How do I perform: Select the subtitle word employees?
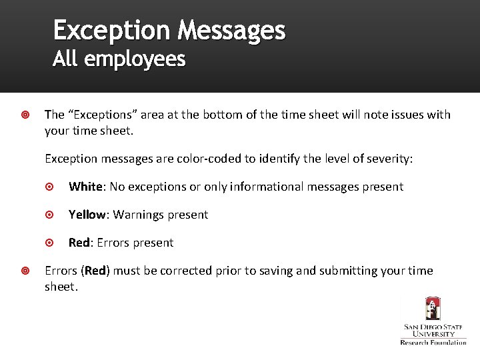click(x=135, y=60)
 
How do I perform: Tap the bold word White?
click(x=85, y=187)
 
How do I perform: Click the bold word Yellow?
click(x=87, y=215)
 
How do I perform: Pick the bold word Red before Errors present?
click(x=79, y=243)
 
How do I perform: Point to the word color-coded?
click(x=203, y=159)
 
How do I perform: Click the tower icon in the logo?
click(x=433, y=308)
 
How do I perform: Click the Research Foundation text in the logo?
click(x=433, y=342)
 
